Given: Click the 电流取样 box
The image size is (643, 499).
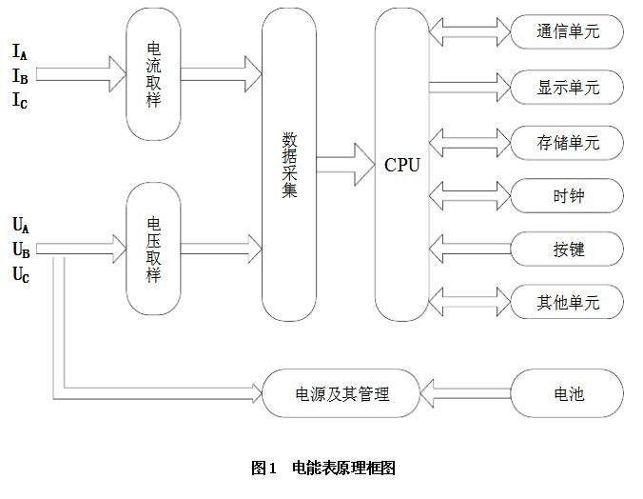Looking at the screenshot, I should click(x=154, y=73).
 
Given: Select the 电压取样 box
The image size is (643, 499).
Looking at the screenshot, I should click(x=154, y=249).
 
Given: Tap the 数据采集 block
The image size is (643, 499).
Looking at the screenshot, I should click(x=289, y=164).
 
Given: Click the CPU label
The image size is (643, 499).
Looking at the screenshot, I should click(x=401, y=165).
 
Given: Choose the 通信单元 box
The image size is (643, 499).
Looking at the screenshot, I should click(x=567, y=32).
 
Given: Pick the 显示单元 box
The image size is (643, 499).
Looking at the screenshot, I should click(x=567, y=88).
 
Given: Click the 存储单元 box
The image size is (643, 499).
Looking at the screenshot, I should click(x=567, y=143).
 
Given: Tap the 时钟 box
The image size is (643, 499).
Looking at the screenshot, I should click(x=567, y=196).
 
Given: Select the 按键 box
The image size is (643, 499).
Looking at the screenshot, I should click(x=567, y=249).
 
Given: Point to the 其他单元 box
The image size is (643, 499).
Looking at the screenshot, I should click(x=567, y=303).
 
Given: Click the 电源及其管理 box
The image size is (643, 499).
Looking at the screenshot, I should click(x=339, y=392).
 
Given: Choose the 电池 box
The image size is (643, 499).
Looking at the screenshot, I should click(x=567, y=392).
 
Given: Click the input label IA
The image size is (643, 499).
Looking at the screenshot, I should click(x=20, y=51).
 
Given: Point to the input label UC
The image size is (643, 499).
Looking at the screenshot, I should click(x=20, y=275).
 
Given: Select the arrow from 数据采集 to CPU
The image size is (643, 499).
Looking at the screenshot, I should click(x=344, y=165).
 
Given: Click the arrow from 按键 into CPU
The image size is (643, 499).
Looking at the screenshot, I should click(x=469, y=249).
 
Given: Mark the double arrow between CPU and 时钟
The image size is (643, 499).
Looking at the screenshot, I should click(x=469, y=196).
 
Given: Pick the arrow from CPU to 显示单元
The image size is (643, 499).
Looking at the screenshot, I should click(x=469, y=88).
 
